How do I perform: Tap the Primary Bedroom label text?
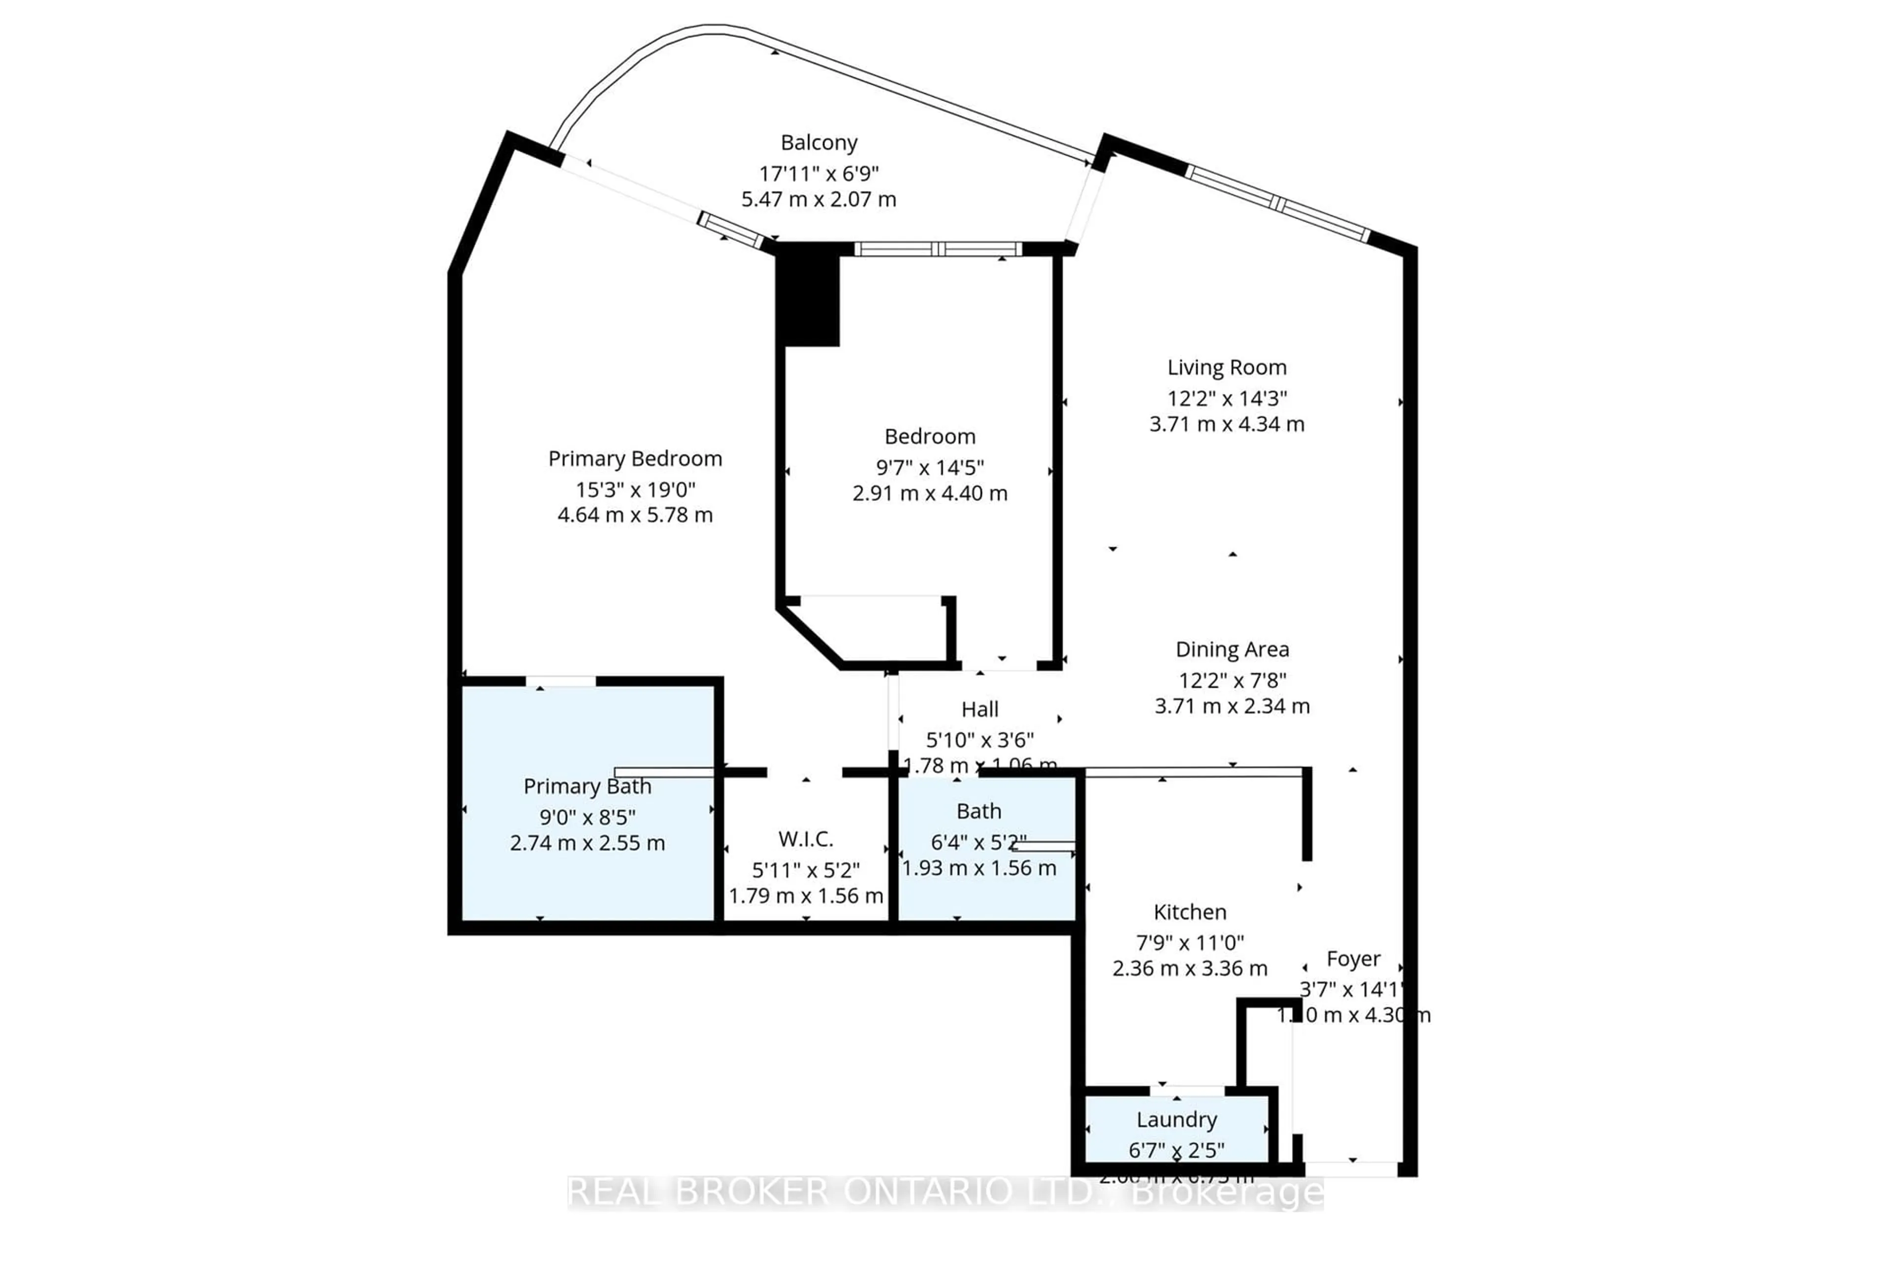(x=635, y=459)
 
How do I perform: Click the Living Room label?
(x=1227, y=367)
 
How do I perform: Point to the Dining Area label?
(x=1232, y=649)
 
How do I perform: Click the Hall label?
(x=979, y=709)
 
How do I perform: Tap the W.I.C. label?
(x=806, y=839)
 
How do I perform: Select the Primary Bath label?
(x=587, y=786)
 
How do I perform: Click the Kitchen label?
(x=1190, y=912)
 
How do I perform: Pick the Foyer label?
(x=1353, y=959)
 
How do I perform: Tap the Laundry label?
(x=1176, y=1120)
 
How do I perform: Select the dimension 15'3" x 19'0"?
(x=635, y=489)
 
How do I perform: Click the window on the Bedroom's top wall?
(x=938, y=249)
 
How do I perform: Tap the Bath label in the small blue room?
(x=978, y=811)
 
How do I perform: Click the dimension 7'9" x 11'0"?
(x=1190, y=942)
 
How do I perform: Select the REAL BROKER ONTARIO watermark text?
(x=945, y=1192)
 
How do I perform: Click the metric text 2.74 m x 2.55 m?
(x=587, y=843)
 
